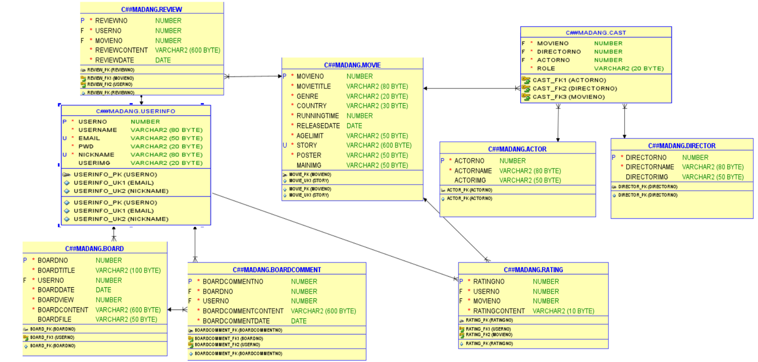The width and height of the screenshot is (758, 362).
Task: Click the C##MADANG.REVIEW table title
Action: click(152, 9)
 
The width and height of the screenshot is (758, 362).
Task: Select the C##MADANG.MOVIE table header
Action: click(352, 65)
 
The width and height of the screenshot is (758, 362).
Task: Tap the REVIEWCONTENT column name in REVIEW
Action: click(121, 50)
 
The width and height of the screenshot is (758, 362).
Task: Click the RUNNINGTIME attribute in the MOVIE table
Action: click(318, 116)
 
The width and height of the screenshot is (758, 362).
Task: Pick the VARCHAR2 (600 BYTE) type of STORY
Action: click(379, 145)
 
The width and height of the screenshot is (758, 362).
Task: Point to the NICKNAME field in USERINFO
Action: click(96, 155)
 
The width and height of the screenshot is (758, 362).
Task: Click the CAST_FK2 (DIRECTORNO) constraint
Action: click(575, 89)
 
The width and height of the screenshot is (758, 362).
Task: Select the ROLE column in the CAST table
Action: click(546, 69)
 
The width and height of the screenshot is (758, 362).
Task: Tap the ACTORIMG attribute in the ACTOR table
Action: click(470, 181)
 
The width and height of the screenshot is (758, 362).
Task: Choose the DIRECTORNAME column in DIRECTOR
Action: click(650, 167)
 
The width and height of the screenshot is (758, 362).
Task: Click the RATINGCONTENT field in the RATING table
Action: click(499, 311)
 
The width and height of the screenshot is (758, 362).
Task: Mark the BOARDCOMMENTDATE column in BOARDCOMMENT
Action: click(236, 321)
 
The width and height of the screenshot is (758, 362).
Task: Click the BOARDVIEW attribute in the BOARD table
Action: click(56, 300)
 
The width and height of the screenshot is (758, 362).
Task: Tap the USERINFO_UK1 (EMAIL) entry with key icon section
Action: click(113, 183)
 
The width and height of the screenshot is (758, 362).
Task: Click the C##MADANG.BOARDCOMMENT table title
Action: click(277, 270)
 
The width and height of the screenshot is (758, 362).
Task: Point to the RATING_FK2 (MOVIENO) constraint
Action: click(489, 335)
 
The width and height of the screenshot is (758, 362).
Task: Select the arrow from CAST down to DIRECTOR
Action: click(625, 121)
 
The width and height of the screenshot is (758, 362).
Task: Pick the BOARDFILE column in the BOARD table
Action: click(55, 320)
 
